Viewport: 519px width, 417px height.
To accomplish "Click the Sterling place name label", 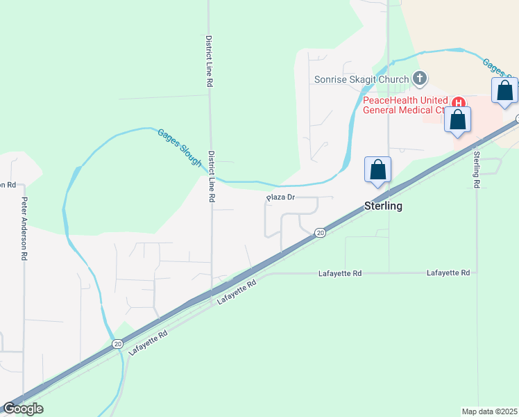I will click(384, 206).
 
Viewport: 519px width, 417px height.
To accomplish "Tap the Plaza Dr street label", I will click(282, 198).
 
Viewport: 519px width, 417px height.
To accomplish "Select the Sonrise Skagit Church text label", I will click(361, 79).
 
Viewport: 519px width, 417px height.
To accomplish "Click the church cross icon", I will click(420, 79).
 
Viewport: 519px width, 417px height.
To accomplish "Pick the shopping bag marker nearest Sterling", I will click(377, 170).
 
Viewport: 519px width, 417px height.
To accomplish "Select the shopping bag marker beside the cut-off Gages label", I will click(504, 91).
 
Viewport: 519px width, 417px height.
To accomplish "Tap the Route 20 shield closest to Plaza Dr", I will click(320, 233).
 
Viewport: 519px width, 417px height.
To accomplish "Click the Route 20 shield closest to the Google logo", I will click(117, 343).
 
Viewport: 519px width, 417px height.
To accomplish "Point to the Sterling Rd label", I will click(477, 170).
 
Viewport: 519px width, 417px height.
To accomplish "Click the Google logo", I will click(23, 409).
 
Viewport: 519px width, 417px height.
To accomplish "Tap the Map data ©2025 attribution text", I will click(489, 411).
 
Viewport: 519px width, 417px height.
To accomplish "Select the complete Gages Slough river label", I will click(180, 147).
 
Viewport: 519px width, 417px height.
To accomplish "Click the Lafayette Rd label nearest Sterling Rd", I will click(449, 273).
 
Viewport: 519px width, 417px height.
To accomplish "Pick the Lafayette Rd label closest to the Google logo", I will click(148, 343).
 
